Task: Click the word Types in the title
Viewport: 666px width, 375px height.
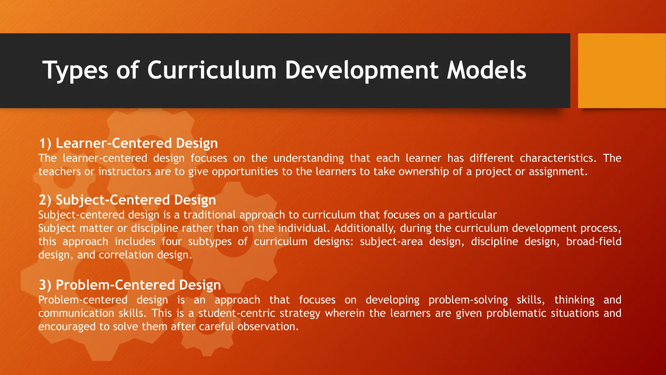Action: [x=75, y=70]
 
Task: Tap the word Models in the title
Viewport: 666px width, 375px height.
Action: [x=486, y=70]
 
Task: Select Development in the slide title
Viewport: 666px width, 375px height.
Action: [x=361, y=70]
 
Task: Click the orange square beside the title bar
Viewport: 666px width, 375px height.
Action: [x=621, y=71]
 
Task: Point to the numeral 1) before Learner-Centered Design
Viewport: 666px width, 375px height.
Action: [x=45, y=144]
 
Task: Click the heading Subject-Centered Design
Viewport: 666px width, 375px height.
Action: [x=136, y=200]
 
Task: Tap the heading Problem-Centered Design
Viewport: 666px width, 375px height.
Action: [x=138, y=285]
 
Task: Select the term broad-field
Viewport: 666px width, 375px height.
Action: [x=593, y=242]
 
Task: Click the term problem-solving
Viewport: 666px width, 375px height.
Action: [x=468, y=300]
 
